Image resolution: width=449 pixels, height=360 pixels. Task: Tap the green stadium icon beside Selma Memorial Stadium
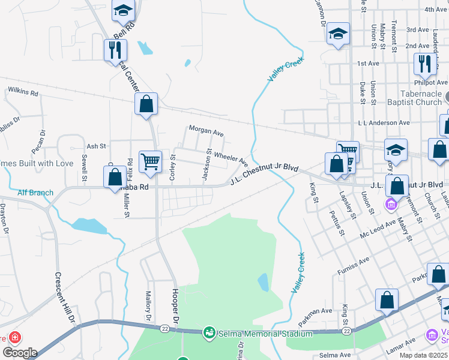coord(209,332)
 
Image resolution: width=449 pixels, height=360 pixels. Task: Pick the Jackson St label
coord(206,164)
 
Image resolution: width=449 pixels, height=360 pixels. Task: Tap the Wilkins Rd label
coord(23,93)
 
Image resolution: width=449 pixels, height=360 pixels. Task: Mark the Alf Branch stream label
coord(35,193)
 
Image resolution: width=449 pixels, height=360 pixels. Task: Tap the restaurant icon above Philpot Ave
coord(424,64)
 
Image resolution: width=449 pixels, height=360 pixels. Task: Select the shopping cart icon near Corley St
coord(149,160)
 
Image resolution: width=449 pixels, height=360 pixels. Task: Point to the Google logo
coord(19,352)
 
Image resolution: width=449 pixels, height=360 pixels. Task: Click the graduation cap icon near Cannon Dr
coord(338,34)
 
